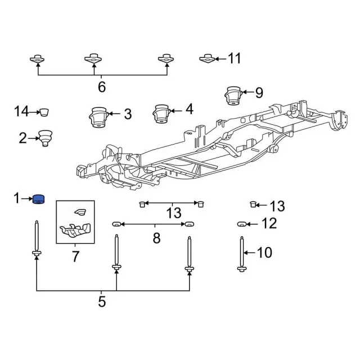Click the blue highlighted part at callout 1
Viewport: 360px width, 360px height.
point(39,199)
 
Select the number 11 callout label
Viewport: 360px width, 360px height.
point(234,58)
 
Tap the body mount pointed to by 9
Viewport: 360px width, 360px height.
point(233,96)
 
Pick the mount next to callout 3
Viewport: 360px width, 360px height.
point(99,117)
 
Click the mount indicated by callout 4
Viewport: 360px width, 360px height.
point(162,114)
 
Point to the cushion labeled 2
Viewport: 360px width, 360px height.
point(45,138)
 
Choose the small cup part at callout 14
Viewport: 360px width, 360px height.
point(44,112)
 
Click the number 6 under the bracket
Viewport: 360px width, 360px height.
point(102,87)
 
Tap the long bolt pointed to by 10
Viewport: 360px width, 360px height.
point(242,254)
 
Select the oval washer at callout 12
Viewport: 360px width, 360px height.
point(241,224)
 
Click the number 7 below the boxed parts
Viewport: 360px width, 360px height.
point(75,256)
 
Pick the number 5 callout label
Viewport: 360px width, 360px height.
point(102,301)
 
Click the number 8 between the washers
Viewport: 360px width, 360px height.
point(156,238)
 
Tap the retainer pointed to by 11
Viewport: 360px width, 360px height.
point(207,58)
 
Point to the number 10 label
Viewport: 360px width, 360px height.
point(265,253)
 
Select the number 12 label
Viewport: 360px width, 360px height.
point(269,223)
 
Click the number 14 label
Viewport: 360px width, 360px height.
point(21,111)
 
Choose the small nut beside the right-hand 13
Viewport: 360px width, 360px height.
point(253,204)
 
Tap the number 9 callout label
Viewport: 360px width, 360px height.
point(259,93)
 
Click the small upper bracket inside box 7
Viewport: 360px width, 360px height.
point(80,212)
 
